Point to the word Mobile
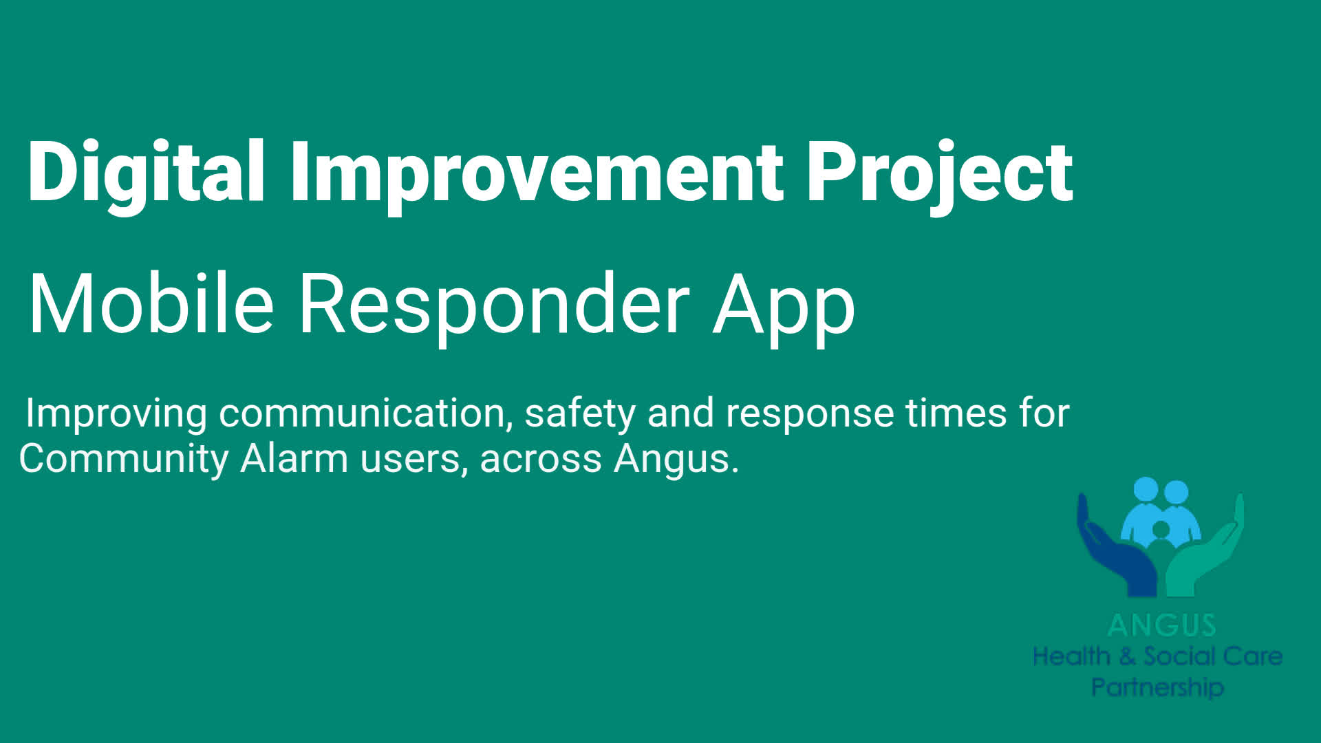point(151,303)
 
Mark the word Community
point(124,460)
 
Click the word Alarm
point(294,458)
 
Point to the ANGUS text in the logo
point(1162,625)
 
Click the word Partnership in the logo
point(1158,687)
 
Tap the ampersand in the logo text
point(1127,656)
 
